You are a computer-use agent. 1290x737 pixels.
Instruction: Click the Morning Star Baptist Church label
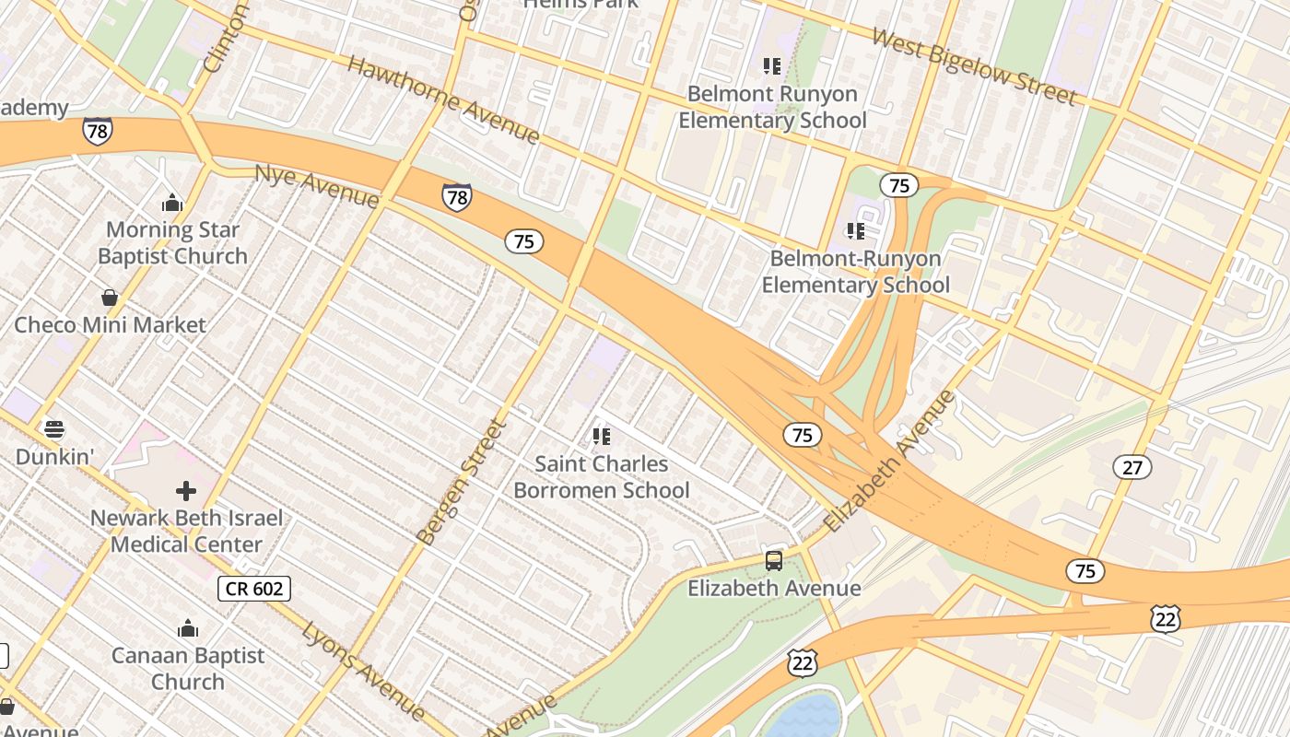tap(172, 243)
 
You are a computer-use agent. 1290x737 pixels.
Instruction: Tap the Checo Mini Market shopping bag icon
tap(110, 298)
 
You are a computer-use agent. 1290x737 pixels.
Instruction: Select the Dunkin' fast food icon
tap(54, 429)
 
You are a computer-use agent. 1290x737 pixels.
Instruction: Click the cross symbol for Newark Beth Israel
tap(186, 491)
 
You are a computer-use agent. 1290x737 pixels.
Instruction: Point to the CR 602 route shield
tap(254, 589)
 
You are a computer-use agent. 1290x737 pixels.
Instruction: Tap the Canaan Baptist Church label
tap(188, 669)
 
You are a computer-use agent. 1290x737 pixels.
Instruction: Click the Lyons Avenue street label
tap(363, 671)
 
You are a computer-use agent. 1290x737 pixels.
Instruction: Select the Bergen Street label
tap(462, 481)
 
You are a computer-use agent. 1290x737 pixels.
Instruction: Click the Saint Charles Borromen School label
tap(601, 476)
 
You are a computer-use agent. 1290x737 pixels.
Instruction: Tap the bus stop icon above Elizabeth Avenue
tap(774, 560)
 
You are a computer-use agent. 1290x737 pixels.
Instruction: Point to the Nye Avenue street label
tap(316, 186)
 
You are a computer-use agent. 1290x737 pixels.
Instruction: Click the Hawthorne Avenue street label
tap(442, 99)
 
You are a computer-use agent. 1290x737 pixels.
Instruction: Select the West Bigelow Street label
tap(973, 66)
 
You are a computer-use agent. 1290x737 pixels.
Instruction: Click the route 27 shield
tap(1132, 468)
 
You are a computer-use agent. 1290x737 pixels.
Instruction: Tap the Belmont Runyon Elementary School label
tap(772, 107)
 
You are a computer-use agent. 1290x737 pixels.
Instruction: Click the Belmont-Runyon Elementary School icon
tap(856, 231)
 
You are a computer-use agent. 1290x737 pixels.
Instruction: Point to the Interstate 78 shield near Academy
tap(97, 131)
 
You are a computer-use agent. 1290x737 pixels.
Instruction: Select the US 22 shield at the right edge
tap(1166, 620)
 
